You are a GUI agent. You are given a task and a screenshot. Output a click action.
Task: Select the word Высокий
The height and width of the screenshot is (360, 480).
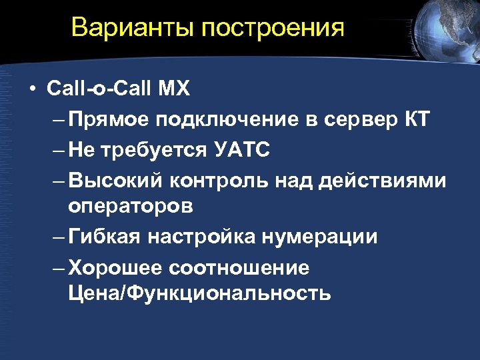(115, 181)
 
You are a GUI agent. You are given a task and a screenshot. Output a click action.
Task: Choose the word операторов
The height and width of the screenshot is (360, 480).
(130, 207)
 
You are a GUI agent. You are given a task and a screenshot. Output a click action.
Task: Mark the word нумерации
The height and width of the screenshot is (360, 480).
(318, 237)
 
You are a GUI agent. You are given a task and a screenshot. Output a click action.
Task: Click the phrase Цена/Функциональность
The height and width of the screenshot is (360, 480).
(199, 293)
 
